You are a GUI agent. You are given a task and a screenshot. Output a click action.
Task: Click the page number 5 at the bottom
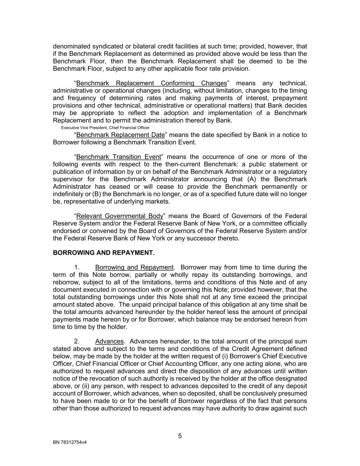(180, 436)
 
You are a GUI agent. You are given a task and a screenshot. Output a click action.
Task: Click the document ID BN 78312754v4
(70, 442)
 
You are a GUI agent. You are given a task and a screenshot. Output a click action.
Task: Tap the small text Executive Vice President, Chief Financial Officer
(105, 128)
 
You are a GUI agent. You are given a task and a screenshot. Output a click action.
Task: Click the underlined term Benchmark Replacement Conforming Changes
(152, 83)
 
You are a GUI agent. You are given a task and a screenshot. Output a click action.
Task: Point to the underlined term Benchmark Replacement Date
(120, 135)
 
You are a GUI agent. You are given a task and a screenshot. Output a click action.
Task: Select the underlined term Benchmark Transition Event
(118, 157)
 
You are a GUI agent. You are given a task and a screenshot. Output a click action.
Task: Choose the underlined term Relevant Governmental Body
(120, 216)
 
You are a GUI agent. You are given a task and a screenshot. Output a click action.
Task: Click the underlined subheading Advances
(109, 341)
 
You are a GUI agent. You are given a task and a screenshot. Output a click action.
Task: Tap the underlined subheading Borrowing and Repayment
(134, 267)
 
